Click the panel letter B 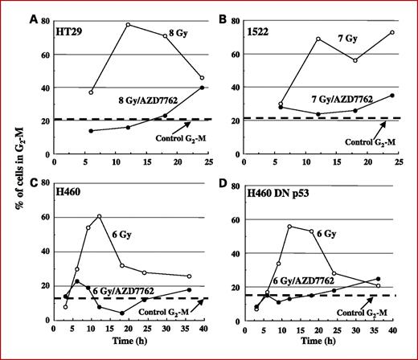[x=228, y=10]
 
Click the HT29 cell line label [x=71, y=26]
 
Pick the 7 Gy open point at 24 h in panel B [x=391, y=32]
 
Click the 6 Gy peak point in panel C [x=99, y=216]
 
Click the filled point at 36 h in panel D [x=378, y=279]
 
